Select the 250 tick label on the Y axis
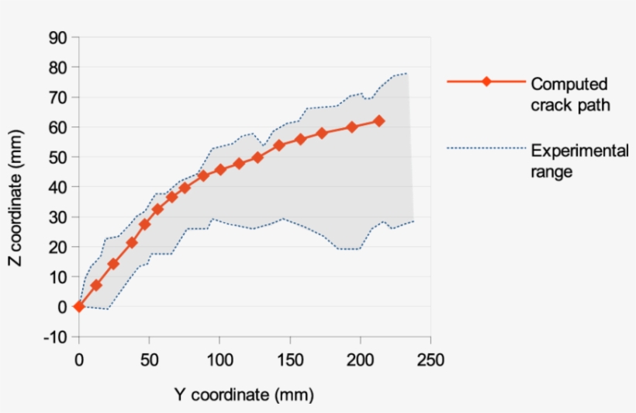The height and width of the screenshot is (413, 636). pos(430,361)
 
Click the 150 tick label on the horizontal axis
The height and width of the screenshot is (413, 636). pos(289,361)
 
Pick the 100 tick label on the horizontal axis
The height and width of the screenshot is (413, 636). pos(219,361)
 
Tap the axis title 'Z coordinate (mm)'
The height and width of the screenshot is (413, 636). pos(16,186)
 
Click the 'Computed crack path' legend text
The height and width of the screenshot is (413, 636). pos(570,94)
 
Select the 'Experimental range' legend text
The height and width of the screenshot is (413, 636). pos(579,161)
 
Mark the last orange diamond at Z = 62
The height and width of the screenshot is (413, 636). pos(379,121)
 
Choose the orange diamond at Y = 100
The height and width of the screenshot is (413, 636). pos(220,169)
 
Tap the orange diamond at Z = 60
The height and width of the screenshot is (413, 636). pos(351,127)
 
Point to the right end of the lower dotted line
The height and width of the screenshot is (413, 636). pos(414,220)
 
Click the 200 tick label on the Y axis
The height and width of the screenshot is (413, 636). pos(359,361)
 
